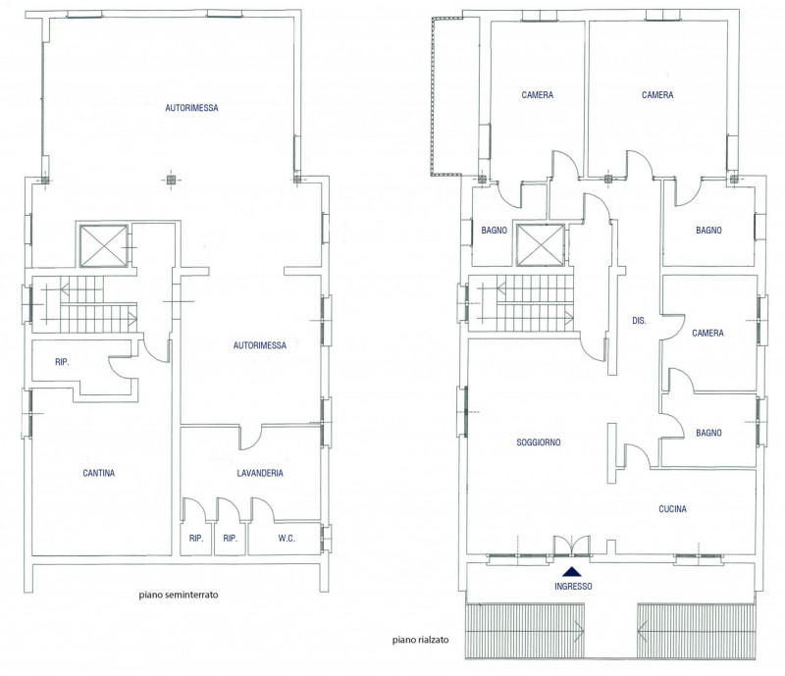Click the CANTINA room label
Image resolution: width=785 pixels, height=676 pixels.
click(x=99, y=473)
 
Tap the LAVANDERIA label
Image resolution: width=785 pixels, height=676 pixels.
click(x=260, y=473)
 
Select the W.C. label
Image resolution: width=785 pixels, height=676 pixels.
click(x=287, y=539)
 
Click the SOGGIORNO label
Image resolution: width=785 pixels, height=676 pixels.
click(x=538, y=442)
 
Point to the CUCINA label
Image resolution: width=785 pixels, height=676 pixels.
click(x=672, y=509)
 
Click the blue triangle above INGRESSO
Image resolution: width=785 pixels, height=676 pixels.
click(x=572, y=571)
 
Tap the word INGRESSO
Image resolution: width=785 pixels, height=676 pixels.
click(x=573, y=586)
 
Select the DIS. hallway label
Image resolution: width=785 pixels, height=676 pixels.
click(x=639, y=321)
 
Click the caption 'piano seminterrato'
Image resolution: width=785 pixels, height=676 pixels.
click(x=179, y=595)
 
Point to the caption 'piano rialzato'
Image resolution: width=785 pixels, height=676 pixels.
click(x=421, y=640)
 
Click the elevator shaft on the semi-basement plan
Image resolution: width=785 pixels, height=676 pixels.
click(x=103, y=246)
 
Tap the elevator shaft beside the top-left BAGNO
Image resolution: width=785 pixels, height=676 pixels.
click(x=541, y=245)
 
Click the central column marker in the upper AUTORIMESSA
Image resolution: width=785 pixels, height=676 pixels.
click(x=171, y=180)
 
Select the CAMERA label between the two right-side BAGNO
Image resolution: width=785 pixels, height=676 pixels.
click(x=707, y=333)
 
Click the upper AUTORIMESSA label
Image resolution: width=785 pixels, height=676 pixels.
click(x=191, y=107)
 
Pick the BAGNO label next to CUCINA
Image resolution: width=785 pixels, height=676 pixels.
click(x=708, y=433)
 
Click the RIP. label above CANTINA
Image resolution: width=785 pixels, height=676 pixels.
click(x=62, y=361)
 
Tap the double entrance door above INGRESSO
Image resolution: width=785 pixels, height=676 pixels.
click(x=572, y=546)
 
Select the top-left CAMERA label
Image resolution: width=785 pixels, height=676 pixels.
click(x=537, y=94)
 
